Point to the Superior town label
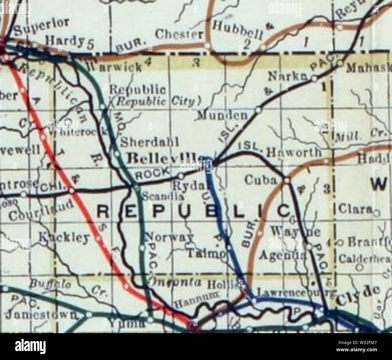click(x=43, y=26)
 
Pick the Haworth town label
click(x=294, y=153)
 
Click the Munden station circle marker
click(x=258, y=110)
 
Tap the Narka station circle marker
click(x=314, y=79)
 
